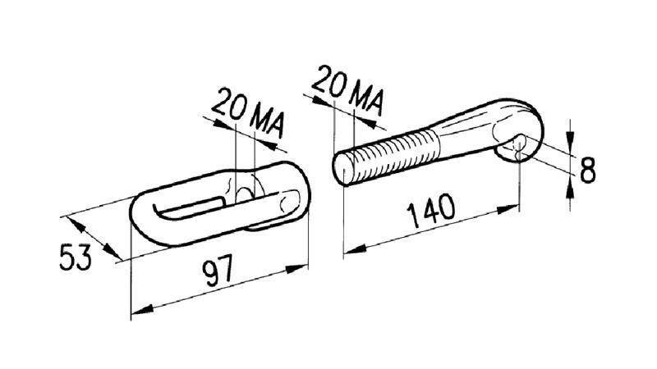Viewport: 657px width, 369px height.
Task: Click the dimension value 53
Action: (x=76, y=257)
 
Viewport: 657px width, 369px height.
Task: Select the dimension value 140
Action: (x=431, y=211)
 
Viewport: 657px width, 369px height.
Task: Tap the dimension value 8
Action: (x=587, y=169)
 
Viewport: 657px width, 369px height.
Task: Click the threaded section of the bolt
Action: (x=394, y=155)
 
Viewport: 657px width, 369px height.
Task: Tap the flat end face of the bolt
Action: (x=342, y=169)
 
